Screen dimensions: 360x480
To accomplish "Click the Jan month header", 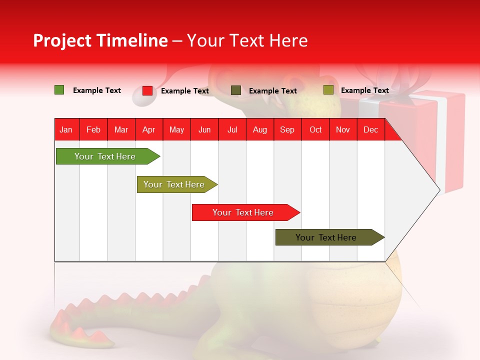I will (66, 129).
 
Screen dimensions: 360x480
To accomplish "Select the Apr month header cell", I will (149, 129).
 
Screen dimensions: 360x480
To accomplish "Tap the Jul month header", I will (232, 129).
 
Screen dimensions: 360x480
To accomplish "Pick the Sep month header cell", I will (287, 129).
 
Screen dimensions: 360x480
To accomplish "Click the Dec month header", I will (370, 129).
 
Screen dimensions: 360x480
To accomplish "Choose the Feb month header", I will (93, 129).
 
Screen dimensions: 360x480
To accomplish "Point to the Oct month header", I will (315, 129).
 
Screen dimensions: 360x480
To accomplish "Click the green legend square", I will (59, 90).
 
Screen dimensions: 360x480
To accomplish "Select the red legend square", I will (147, 90).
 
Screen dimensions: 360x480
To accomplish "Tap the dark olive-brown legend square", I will (236, 90).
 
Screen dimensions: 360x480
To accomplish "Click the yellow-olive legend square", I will (328, 90).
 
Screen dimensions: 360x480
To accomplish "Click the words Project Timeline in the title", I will (100, 40).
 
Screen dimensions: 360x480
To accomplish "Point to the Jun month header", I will (204, 129).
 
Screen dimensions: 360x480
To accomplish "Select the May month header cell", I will (176, 129).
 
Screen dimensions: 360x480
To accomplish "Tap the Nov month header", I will (343, 129).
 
